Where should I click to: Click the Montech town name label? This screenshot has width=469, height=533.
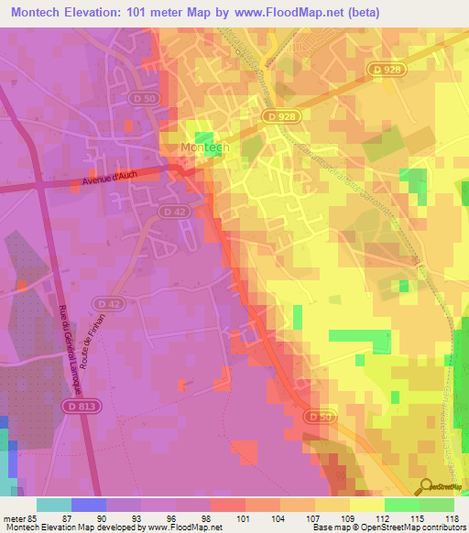coord(203,147)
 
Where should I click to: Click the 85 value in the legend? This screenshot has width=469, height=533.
coord(31,517)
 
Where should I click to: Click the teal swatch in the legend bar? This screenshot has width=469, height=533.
coord(54,505)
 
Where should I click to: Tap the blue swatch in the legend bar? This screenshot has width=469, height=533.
coord(89,505)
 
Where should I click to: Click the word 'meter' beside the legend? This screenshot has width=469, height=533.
coord(13,517)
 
